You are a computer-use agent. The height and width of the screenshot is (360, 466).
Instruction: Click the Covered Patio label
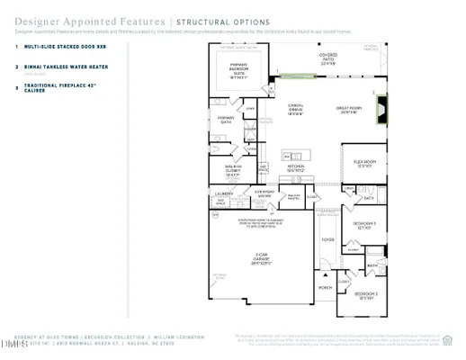click(x=328, y=61)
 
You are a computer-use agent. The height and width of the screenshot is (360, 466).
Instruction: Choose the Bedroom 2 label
click(x=364, y=296)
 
